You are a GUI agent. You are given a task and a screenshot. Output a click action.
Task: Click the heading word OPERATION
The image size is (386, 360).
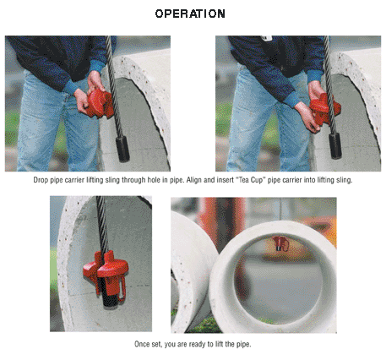190,14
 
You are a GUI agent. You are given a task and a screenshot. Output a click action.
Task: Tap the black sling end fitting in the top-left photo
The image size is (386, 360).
122,149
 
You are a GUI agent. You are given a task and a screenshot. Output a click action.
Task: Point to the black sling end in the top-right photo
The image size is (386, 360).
335,146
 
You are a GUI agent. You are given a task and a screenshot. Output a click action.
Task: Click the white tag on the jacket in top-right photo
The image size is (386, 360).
266,38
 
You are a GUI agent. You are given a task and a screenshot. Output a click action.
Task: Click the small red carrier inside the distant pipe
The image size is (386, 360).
280,243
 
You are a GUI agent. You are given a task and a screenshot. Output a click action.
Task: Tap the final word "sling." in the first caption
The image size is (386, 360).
344,180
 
